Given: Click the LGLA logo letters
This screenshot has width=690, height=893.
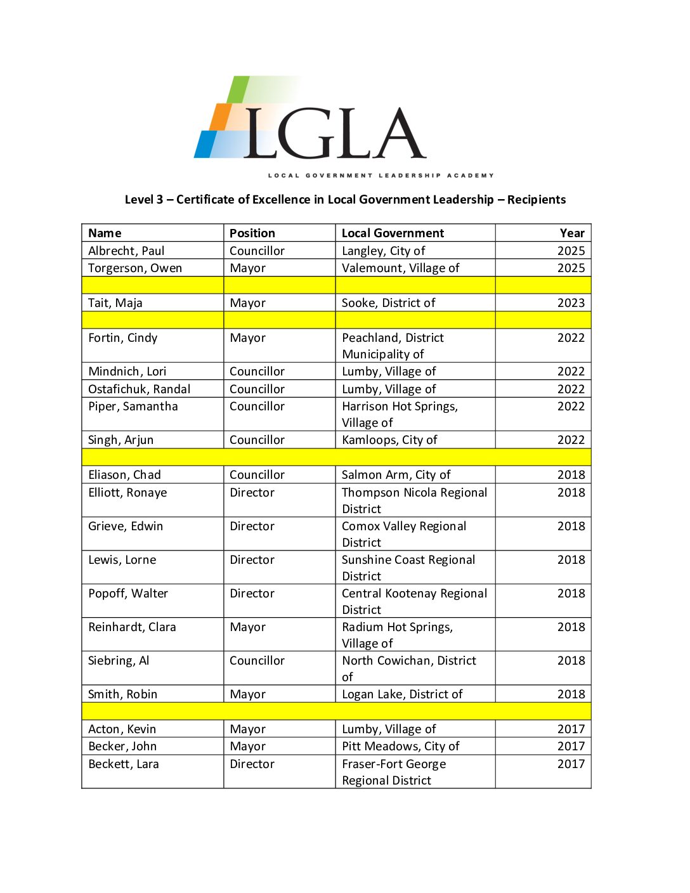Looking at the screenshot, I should point(334,133).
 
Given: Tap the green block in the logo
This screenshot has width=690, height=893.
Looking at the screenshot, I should point(238,89).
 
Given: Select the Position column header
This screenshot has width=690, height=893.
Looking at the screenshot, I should point(252,233).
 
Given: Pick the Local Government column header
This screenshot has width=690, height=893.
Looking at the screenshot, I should point(393,233).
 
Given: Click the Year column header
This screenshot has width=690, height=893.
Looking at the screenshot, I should point(571,233).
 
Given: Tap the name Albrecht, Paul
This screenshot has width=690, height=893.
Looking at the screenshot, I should point(126,251).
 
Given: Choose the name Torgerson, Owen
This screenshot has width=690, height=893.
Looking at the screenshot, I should point(135,268).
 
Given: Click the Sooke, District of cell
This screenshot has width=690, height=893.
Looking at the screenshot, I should point(388,303).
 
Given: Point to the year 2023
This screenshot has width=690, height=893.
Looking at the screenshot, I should point(571,303).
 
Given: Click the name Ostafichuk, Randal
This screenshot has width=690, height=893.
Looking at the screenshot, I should point(139,389).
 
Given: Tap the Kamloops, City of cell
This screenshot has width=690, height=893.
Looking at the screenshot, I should point(389,440).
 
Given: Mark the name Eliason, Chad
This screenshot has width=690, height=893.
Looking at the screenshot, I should point(124,474).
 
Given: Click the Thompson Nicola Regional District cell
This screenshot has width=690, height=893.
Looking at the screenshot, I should point(414,500).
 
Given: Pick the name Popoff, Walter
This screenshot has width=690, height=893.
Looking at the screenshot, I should point(128,593).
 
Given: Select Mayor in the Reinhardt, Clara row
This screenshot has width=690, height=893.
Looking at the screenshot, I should point(247,627).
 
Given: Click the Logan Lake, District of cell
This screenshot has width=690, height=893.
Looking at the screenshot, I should point(402,694).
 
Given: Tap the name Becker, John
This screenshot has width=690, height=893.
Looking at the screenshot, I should point(122,746).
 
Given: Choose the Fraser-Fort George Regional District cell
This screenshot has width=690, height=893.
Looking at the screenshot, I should point(394,772).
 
